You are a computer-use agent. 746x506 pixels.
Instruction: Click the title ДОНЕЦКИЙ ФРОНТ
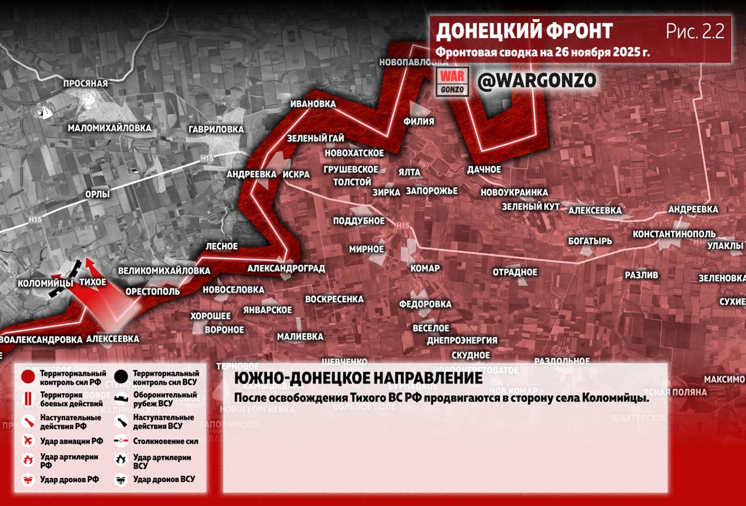coord(524,32)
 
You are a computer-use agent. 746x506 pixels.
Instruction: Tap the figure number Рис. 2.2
coord(695,32)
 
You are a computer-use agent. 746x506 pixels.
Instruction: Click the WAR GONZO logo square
coord(452,82)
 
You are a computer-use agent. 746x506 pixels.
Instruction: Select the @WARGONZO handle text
coord(537,81)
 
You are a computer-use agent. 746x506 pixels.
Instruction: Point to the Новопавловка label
coord(413,62)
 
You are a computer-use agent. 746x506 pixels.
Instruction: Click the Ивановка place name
coord(313,104)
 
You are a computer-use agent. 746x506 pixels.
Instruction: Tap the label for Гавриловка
coord(216,129)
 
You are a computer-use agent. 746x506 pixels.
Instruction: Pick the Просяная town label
coord(86,83)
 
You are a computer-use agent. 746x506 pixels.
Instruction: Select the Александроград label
coord(286,268)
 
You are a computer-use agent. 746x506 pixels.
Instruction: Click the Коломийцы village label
coord(45,283)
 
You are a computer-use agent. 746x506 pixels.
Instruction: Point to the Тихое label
coord(93,282)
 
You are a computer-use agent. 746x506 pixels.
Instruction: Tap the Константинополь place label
coord(674,234)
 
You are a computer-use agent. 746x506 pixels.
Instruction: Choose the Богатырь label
coord(590,240)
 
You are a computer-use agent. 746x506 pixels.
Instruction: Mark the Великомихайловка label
coord(164,271)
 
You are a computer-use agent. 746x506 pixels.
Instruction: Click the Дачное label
coord(484,169)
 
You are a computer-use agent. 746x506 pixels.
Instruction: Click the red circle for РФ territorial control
coord(28,377)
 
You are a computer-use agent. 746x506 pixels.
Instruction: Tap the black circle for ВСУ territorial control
coord(121,377)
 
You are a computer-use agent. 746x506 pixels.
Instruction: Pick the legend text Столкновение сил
coord(166,442)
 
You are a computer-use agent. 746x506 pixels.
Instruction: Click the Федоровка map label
coord(425,304)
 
